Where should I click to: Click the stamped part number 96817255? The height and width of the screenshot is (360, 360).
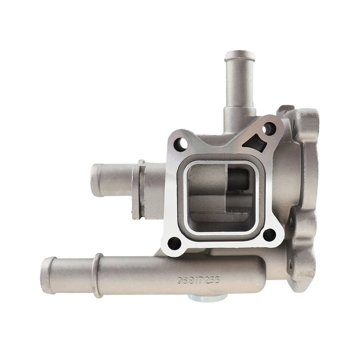point(199,280)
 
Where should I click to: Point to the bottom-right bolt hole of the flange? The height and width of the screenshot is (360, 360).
point(269,235)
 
